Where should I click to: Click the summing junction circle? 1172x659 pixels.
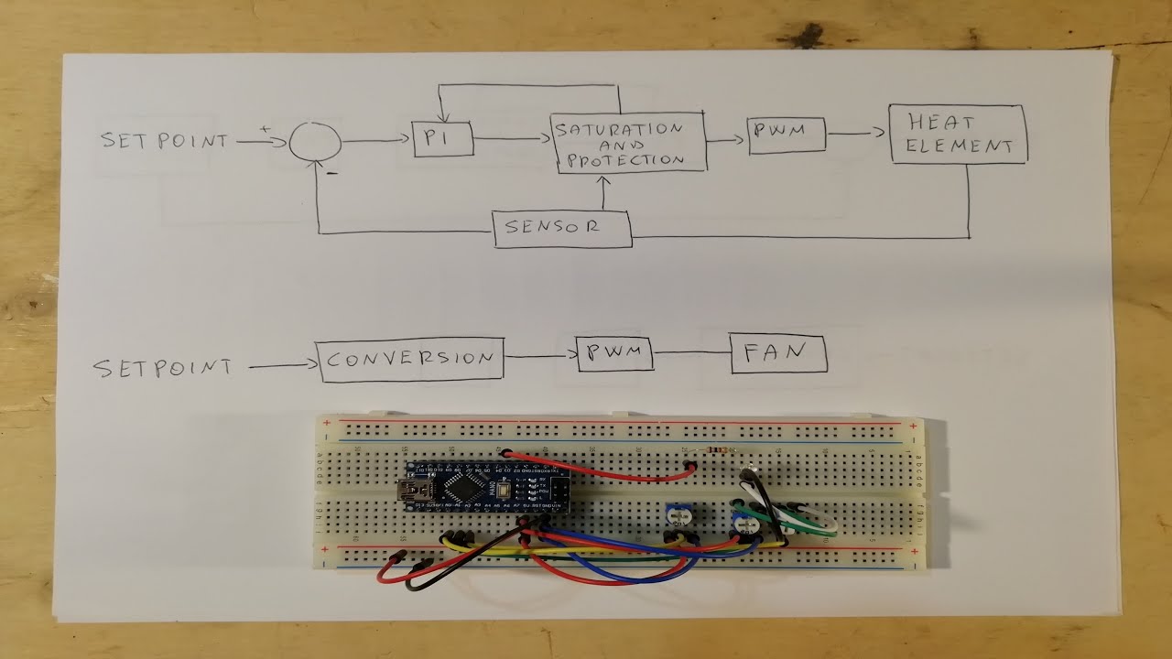(316, 142)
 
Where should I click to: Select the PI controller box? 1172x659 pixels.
(442, 139)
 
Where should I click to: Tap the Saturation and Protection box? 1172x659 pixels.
(629, 143)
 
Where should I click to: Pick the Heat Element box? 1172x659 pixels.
(958, 135)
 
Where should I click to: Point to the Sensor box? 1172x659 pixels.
(562, 228)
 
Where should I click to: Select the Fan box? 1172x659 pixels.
(778, 353)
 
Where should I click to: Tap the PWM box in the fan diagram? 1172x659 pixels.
(614, 353)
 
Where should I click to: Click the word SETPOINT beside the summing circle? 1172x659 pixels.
(165, 141)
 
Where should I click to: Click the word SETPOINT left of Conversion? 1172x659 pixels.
(163, 367)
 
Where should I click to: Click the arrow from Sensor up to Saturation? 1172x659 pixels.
(603, 191)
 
